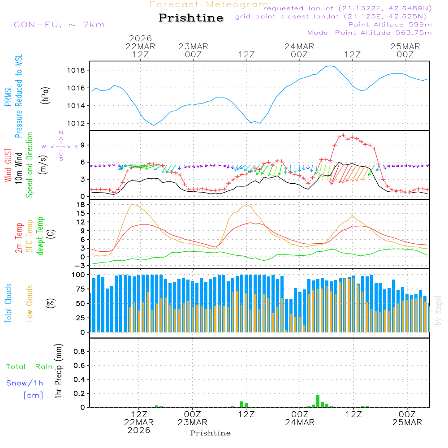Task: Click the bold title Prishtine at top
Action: (x=191, y=18)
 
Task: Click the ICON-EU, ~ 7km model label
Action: (x=57, y=25)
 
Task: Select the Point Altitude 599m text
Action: (x=390, y=25)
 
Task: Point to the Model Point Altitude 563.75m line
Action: (x=370, y=33)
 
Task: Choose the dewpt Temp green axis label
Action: (x=40, y=236)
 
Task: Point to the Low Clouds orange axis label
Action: (x=30, y=303)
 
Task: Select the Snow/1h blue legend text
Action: (x=25, y=383)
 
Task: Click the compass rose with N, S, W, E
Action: (x=60, y=146)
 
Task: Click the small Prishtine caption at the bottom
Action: (x=210, y=433)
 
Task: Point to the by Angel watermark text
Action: (x=438, y=310)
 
